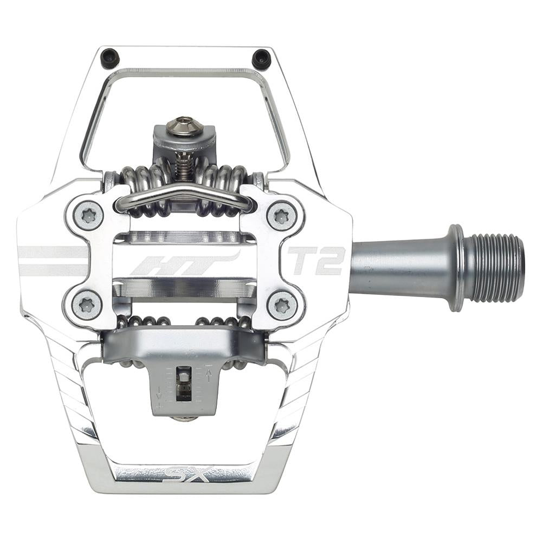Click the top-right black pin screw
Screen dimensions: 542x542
[261, 58]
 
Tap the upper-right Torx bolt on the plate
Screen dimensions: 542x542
[281, 216]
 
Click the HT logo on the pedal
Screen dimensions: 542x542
[184, 262]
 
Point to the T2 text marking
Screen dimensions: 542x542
[316, 261]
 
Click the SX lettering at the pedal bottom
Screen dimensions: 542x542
[187, 475]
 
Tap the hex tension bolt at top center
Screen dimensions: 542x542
[184, 126]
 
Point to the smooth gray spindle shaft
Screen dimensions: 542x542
[398, 267]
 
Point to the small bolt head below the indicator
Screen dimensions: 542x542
[184, 419]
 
